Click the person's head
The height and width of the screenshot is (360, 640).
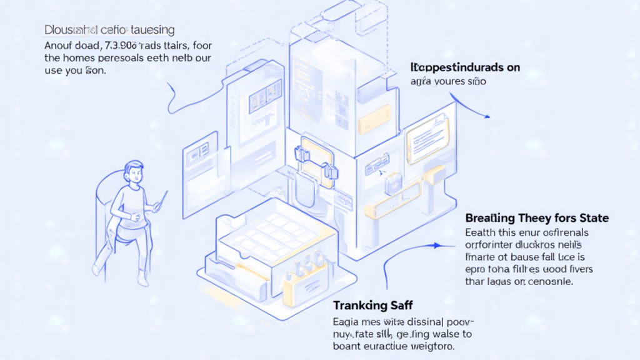[x=134, y=171]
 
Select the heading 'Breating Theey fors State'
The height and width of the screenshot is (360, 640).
[x=537, y=218]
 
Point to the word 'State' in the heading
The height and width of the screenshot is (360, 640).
[x=594, y=218]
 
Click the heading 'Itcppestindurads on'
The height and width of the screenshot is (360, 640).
[x=465, y=67]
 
